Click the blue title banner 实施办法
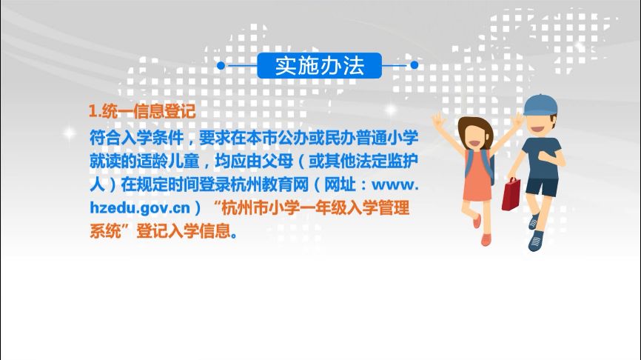click(x=320, y=65)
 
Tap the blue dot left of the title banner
click(x=221, y=65)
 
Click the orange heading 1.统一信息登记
click(x=141, y=112)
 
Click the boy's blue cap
click(x=540, y=104)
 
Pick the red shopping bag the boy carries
click(x=511, y=193)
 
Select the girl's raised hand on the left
click(x=438, y=119)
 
